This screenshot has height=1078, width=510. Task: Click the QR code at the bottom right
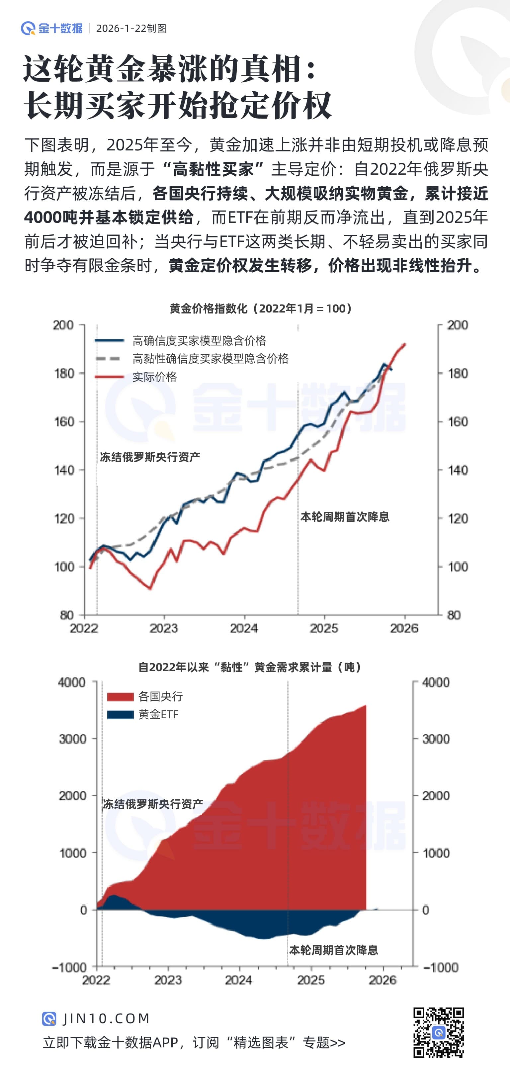click(x=439, y=1033)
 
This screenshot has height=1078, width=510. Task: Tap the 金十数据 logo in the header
click(x=52, y=29)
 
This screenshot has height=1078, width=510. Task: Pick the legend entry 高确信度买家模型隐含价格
click(x=199, y=341)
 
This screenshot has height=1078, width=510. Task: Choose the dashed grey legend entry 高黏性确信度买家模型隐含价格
click(x=210, y=359)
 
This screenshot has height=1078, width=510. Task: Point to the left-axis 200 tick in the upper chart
click(x=63, y=325)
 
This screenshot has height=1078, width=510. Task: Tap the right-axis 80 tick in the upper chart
click(x=454, y=615)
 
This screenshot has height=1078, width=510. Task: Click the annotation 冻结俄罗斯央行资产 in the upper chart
click(x=150, y=457)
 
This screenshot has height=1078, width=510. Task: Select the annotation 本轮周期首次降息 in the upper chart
click(x=345, y=517)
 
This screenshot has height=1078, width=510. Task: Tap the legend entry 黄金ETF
click(x=158, y=714)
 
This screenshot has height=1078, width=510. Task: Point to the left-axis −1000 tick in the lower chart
click(x=69, y=967)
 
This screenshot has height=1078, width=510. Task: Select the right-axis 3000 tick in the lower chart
click(x=436, y=739)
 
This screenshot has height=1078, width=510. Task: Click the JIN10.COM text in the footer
click(x=106, y=1018)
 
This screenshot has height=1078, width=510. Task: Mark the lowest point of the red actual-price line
click(x=150, y=588)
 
